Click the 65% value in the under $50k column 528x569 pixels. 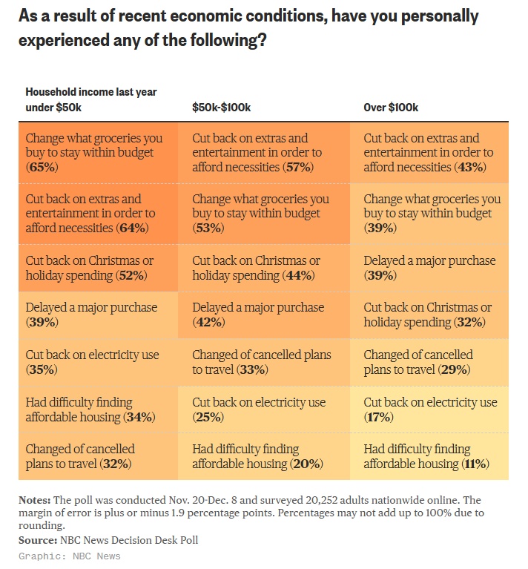click(42, 168)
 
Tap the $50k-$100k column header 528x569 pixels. click(221, 108)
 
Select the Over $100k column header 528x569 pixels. click(391, 108)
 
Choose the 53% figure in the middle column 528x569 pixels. click(208, 228)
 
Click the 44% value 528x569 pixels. click(300, 276)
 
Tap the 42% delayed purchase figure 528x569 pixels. click(208, 323)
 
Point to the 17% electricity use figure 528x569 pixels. click(379, 418)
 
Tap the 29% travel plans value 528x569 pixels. click(453, 369)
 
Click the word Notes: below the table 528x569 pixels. click(35, 500)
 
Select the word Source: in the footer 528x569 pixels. click(37, 539)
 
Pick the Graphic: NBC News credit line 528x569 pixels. click(69, 556)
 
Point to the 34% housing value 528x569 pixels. click(139, 417)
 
